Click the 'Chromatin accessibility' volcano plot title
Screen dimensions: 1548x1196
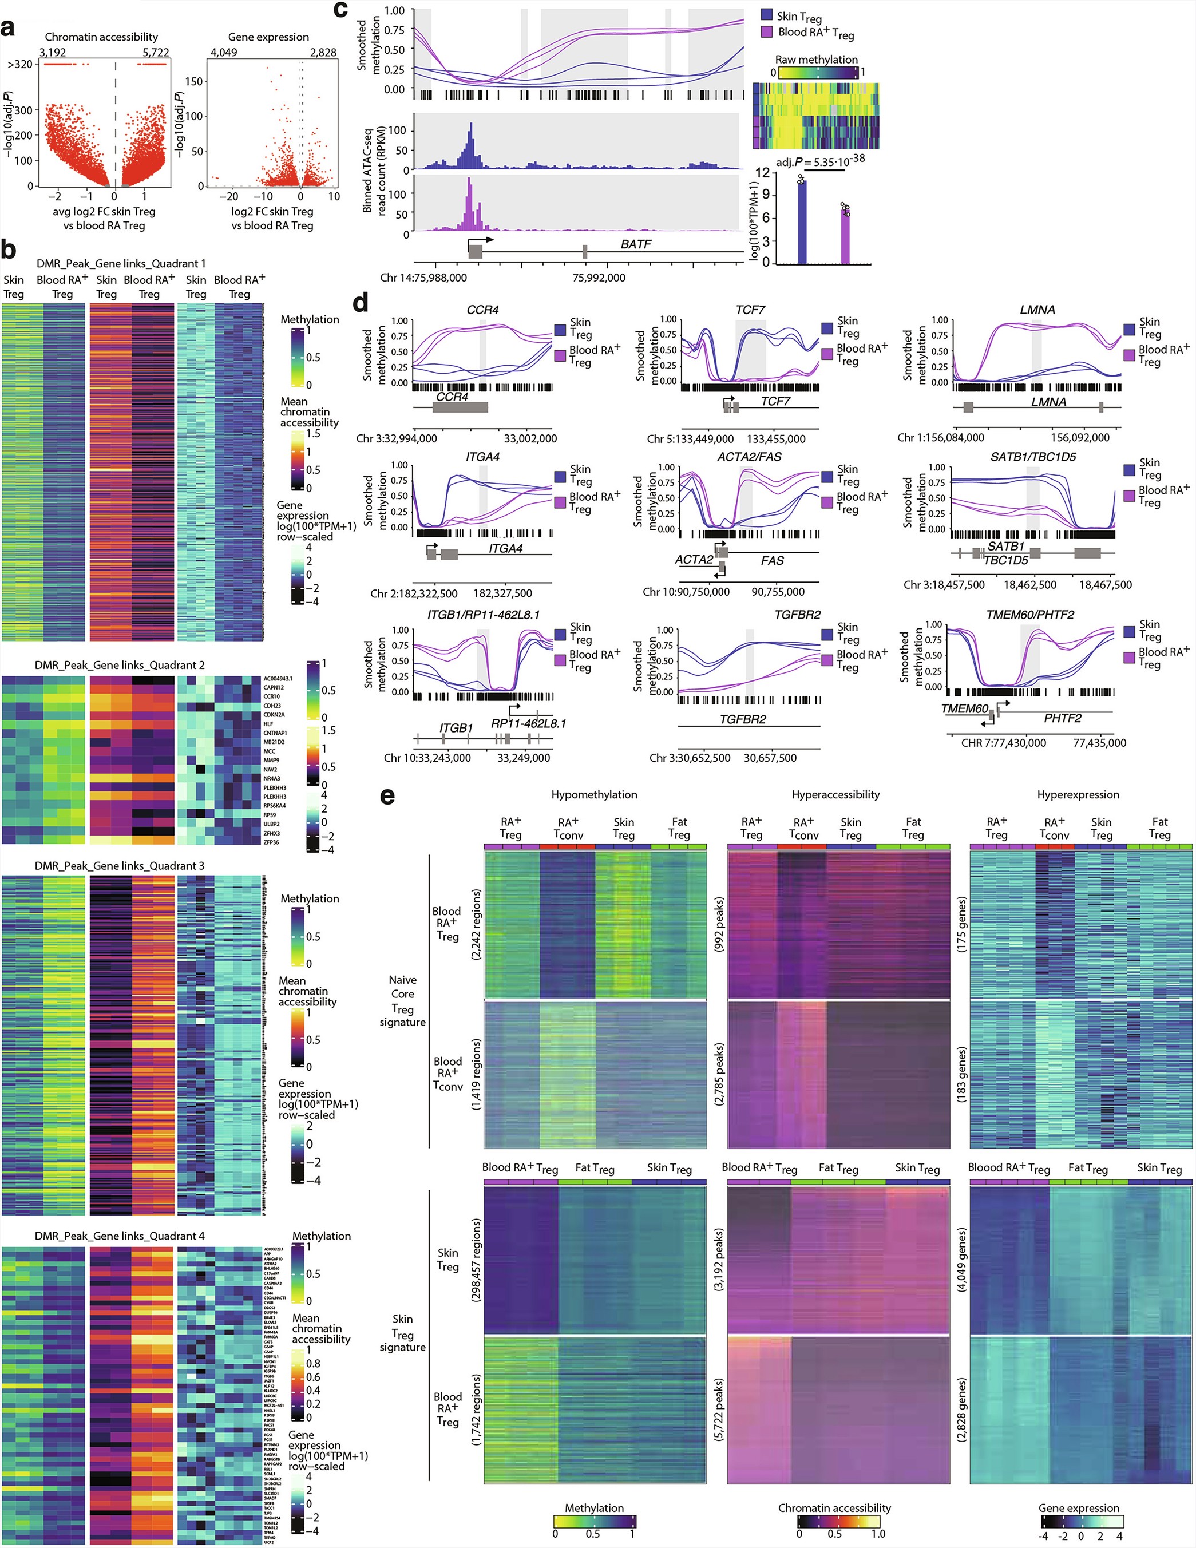click(101, 37)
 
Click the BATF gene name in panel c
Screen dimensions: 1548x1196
click(635, 244)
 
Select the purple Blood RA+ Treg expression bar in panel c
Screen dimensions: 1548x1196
click(845, 235)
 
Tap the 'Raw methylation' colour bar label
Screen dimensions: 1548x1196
click(816, 60)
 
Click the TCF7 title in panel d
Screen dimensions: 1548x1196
click(750, 310)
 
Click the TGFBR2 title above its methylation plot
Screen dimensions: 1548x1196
click(794, 615)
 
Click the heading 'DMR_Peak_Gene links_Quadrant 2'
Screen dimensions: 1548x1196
click(120, 665)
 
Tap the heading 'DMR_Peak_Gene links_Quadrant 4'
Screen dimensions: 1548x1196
click(120, 1236)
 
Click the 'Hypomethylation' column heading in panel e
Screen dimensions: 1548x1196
click(594, 794)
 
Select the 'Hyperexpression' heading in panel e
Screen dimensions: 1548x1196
click(1078, 794)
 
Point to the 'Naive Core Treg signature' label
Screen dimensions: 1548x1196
click(402, 1000)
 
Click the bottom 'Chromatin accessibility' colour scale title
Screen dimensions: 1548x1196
click(834, 1507)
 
